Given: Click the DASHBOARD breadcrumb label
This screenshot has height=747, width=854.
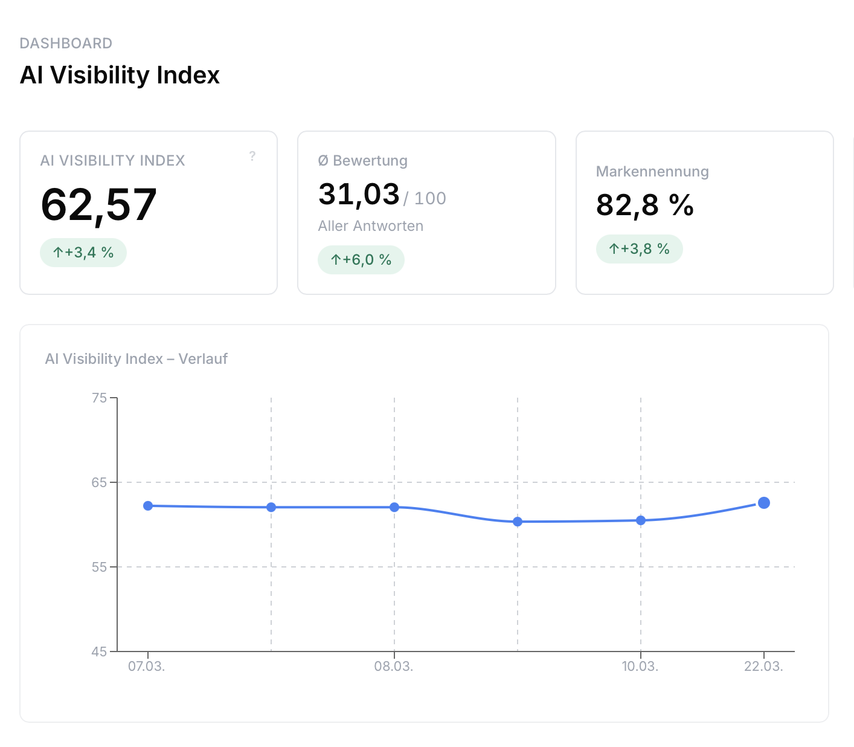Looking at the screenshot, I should [66, 44].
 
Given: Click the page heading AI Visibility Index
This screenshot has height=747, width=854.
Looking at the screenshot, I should [120, 76].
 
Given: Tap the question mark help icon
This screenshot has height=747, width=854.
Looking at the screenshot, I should [252, 156].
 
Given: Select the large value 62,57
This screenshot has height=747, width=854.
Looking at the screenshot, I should [99, 205].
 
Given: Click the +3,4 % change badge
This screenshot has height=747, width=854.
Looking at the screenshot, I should [83, 253].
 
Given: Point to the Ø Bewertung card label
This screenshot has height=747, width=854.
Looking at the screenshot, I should [362, 161].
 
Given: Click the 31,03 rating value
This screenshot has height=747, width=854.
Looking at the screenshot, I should [359, 195].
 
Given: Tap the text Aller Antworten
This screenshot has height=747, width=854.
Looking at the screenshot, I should [370, 226].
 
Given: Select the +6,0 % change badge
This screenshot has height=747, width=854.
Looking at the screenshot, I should [361, 260].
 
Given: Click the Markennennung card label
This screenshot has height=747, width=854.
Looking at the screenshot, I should [652, 172].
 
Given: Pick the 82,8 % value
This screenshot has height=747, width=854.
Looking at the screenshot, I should [644, 205].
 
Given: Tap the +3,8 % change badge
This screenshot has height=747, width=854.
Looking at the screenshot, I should [639, 249].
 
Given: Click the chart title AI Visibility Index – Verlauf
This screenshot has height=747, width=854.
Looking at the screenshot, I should [136, 359].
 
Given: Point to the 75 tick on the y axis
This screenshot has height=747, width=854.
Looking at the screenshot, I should [99, 398].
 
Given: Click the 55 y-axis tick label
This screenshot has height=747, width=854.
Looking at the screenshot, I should [99, 567].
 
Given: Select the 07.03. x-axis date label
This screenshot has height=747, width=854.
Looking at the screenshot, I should [146, 667].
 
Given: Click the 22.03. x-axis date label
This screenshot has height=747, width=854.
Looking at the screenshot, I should [763, 667].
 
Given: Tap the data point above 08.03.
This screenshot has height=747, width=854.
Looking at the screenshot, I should [394, 507].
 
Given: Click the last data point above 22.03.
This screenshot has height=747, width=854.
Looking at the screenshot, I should [764, 503].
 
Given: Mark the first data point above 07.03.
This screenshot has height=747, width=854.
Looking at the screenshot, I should [148, 506].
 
